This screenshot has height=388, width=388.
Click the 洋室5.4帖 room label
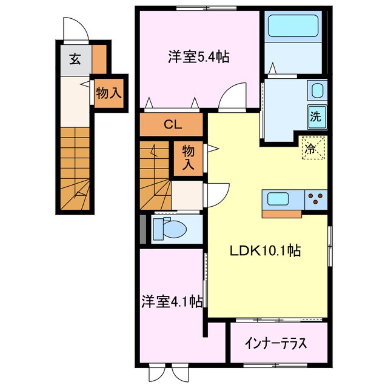point(198,58)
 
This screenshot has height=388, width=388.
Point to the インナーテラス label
point(276,343)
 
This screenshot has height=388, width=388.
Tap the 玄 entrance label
point(75,59)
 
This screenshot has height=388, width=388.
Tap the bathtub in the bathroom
point(293,26)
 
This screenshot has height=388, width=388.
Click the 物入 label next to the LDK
point(188,157)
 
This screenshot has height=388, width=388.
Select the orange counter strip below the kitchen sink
point(281,213)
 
